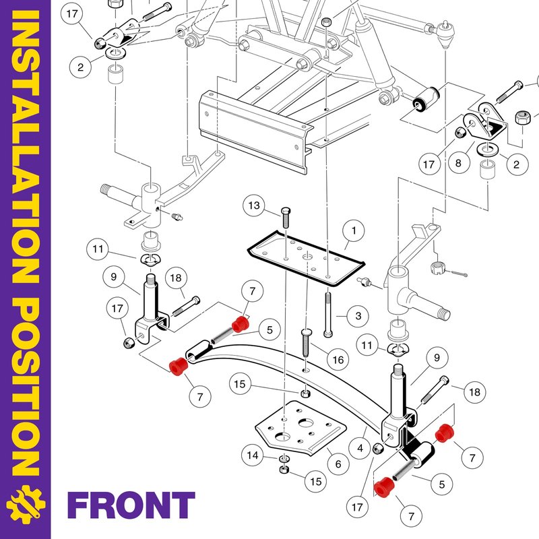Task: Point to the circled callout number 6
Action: click(x=338, y=464)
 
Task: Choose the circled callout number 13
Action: click(x=254, y=204)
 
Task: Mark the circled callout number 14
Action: click(x=252, y=456)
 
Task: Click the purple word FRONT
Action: click(x=131, y=505)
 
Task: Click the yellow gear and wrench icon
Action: click(x=25, y=505)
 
